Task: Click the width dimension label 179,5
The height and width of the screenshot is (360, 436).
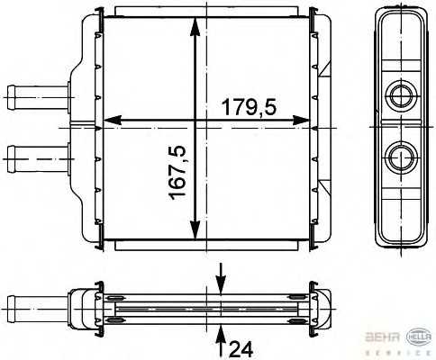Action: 248,108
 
